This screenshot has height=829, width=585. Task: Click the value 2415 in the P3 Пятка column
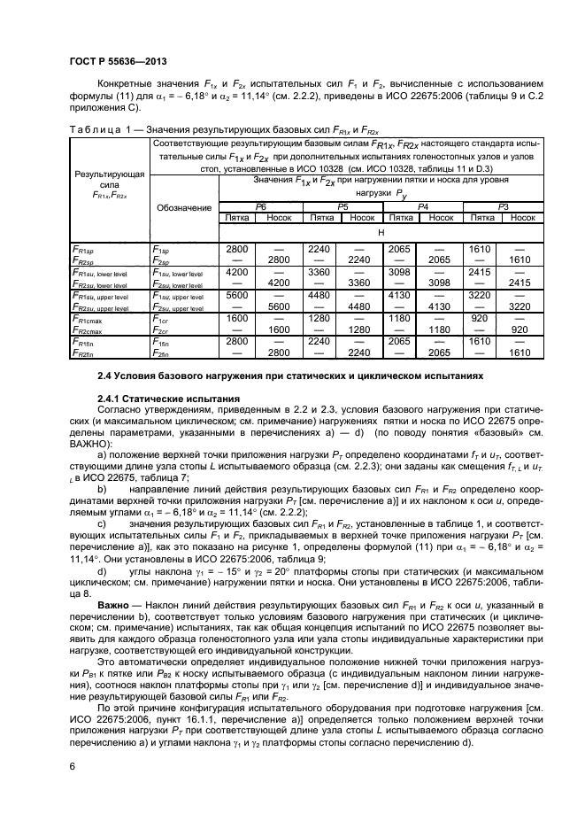481,273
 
